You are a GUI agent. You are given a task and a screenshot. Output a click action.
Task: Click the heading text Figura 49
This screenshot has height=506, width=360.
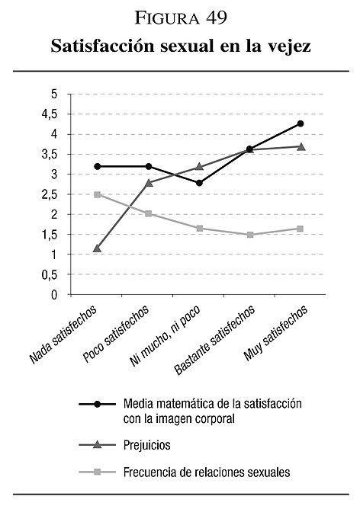click(x=181, y=18)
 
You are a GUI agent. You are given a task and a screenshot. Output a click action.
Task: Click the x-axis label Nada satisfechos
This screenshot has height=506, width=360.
click(x=63, y=335)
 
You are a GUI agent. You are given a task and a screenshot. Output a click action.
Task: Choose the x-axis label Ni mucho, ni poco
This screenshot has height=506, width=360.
click(x=165, y=335)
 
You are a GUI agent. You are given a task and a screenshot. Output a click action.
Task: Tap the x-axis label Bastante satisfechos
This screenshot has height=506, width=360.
click(x=214, y=340)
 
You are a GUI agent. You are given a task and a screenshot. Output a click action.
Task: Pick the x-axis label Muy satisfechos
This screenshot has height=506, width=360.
click(x=275, y=333)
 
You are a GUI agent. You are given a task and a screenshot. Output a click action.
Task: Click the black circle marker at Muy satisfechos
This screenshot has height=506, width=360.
click(x=301, y=123)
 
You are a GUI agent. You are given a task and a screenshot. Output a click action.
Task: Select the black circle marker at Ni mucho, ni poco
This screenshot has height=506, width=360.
click(x=200, y=183)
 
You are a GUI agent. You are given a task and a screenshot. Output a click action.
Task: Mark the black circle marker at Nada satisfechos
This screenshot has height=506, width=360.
click(x=98, y=167)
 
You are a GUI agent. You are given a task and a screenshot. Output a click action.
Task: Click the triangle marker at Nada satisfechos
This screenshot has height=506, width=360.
click(x=97, y=248)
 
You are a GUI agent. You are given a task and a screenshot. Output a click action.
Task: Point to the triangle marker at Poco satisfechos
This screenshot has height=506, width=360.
click(x=149, y=183)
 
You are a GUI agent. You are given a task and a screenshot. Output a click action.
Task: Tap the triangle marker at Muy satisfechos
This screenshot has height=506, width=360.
click(x=301, y=147)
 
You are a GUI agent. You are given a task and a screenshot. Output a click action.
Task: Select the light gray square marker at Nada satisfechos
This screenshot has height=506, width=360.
click(x=97, y=194)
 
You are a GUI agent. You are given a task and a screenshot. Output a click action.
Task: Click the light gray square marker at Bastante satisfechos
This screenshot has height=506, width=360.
click(x=250, y=235)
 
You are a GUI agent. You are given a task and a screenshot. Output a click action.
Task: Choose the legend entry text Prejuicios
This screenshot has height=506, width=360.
click(x=147, y=445)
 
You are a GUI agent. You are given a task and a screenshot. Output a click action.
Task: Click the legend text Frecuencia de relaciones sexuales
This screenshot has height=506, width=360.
click(x=207, y=472)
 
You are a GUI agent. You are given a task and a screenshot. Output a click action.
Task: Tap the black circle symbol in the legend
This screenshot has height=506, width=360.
click(x=97, y=404)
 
